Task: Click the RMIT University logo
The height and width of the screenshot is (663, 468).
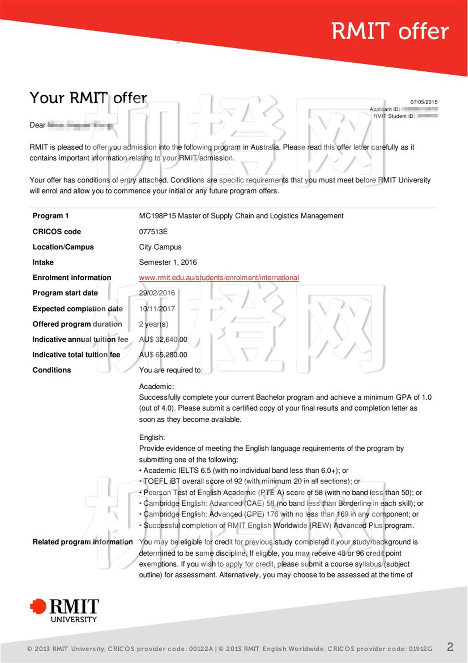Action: point(65,610)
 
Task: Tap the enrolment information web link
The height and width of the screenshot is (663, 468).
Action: point(219,277)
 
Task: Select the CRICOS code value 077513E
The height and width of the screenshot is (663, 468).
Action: point(153,232)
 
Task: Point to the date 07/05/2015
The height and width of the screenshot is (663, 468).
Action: point(424,102)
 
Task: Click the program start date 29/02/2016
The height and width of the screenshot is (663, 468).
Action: point(157,293)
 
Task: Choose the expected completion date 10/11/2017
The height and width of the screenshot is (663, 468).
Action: point(157,309)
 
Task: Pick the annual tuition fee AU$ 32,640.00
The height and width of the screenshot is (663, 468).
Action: point(163,339)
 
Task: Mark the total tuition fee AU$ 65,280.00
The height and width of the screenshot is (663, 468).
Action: point(163,355)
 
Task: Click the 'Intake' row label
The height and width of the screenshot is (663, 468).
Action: point(43,262)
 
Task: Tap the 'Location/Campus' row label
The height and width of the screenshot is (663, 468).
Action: point(63,247)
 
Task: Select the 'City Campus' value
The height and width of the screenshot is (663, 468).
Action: point(160,247)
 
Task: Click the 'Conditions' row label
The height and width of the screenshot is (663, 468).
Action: point(52,370)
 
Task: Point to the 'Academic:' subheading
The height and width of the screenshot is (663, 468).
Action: point(156,387)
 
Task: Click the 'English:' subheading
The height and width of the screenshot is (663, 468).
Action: point(152,437)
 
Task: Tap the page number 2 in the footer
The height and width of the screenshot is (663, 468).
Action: point(450,647)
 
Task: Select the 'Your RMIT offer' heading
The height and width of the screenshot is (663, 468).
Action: point(88,98)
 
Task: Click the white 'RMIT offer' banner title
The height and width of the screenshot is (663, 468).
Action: point(390,31)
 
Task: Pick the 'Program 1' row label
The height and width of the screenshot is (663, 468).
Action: point(50,216)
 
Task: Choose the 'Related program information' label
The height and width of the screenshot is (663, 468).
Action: point(83,542)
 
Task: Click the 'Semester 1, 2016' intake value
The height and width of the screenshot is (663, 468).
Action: point(168,262)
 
